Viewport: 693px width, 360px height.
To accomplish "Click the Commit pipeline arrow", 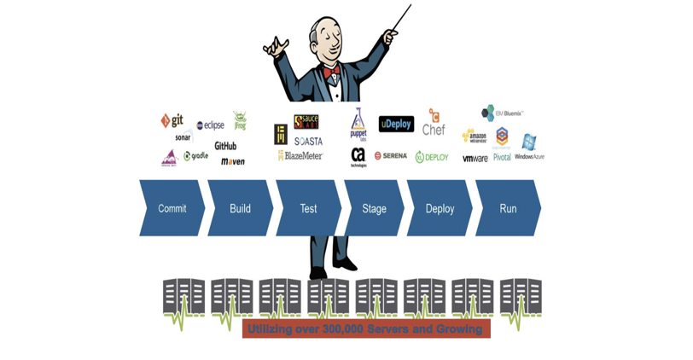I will click(x=172, y=208).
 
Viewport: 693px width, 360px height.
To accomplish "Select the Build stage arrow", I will click(x=240, y=208).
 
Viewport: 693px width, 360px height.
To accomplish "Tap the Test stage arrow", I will click(x=308, y=208).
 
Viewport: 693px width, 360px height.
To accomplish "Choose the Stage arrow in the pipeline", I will click(x=374, y=208).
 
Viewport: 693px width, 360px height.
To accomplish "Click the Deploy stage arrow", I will click(x=440, y=208).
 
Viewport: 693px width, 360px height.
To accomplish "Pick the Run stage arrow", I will click(x=508, y=208).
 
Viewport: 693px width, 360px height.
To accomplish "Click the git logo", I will click(x=172, y=120).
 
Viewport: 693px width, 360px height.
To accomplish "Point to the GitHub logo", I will click(x=225, y=146).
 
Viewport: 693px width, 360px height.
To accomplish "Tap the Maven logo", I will click(x=232, y=161).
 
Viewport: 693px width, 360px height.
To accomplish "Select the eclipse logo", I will click(x=210, y=125).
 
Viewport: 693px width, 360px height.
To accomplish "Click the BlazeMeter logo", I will click(x=300, y=156).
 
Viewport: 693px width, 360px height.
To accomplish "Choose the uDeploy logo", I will click(x=396, y=125).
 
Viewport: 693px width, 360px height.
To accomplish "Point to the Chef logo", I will click(x=434, y=125).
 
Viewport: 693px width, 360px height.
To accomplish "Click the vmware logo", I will click(x=475, y=158).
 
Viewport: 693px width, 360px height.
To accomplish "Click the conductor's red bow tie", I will click(x=331, y=71).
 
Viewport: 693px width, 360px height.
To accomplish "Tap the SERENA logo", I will click(x=391, y=156).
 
